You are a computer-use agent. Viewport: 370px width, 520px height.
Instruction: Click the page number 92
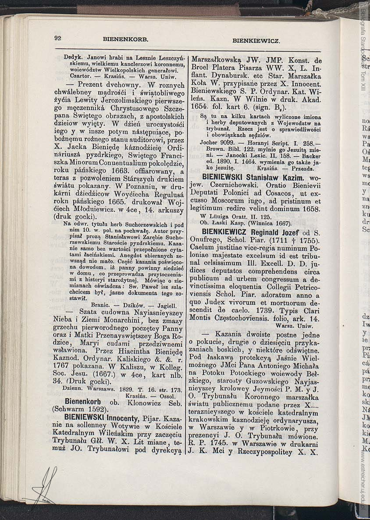tap(57, 38)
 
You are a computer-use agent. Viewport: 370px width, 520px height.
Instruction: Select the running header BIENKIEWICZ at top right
tap(256, 40)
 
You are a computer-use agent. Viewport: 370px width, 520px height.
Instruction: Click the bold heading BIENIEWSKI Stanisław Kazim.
tap(253, 178)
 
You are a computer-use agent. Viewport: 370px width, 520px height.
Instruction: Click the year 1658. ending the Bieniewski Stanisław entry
tap(310, 209)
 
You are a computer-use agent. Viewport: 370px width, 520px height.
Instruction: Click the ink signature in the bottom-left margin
tap(46, 484)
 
